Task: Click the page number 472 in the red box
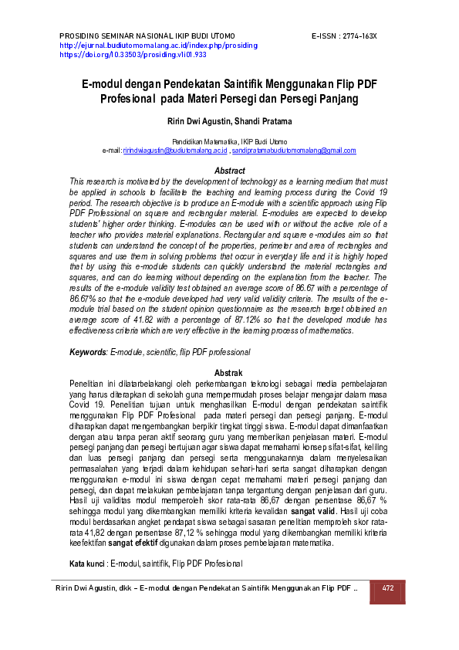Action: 388,588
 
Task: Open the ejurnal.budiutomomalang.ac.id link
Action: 158,46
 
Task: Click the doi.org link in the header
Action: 133,55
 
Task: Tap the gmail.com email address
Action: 294,150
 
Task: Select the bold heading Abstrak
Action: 229,372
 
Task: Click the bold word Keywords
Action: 88,352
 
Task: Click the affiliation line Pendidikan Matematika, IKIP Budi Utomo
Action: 229,141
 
